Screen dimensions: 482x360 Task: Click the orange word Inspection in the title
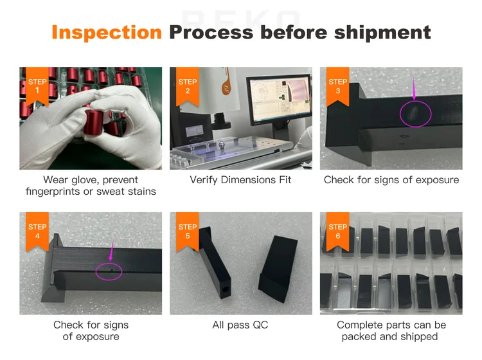tap(106, 32)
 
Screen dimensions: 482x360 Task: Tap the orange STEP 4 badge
tap(38, 232)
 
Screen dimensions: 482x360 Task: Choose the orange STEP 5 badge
tap(188, 232)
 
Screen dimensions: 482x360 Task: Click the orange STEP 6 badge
tap(337, 232)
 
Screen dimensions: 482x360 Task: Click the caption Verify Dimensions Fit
tap(240, 180)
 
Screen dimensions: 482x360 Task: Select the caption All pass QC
tap(240, 325)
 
